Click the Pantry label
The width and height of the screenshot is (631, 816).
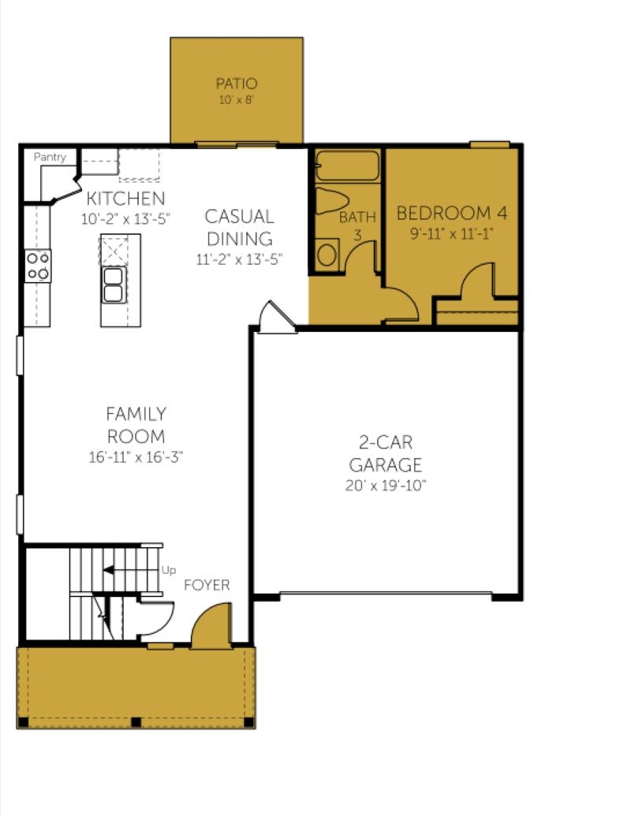(50, 157)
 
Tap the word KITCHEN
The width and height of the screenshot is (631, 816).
(125, 198)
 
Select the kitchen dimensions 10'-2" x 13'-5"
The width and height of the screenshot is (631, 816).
(125, 218)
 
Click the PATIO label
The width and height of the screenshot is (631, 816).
(237, 84)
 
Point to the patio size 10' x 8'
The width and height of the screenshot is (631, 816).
(237, 99)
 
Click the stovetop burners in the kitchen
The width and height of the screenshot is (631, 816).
(38, 266)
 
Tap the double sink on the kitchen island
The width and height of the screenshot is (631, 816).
(114, 285)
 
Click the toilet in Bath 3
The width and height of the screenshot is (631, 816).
(332, 201)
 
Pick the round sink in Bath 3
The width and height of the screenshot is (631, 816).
(327, 255)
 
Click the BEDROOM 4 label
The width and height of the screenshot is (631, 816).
(452, 213)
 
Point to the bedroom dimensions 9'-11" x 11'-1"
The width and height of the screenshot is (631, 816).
(452, 233)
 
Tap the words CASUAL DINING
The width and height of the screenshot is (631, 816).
(240, 227)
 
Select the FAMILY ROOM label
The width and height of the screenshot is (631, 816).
(136, 425)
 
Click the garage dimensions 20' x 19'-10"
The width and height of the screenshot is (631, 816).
(386, 486)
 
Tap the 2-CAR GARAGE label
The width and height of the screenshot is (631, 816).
(386, 453)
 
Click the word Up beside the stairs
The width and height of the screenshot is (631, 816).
(168, 570)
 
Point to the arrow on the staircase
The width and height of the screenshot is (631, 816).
(130, 570)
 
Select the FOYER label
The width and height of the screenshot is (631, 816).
(207, 585)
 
